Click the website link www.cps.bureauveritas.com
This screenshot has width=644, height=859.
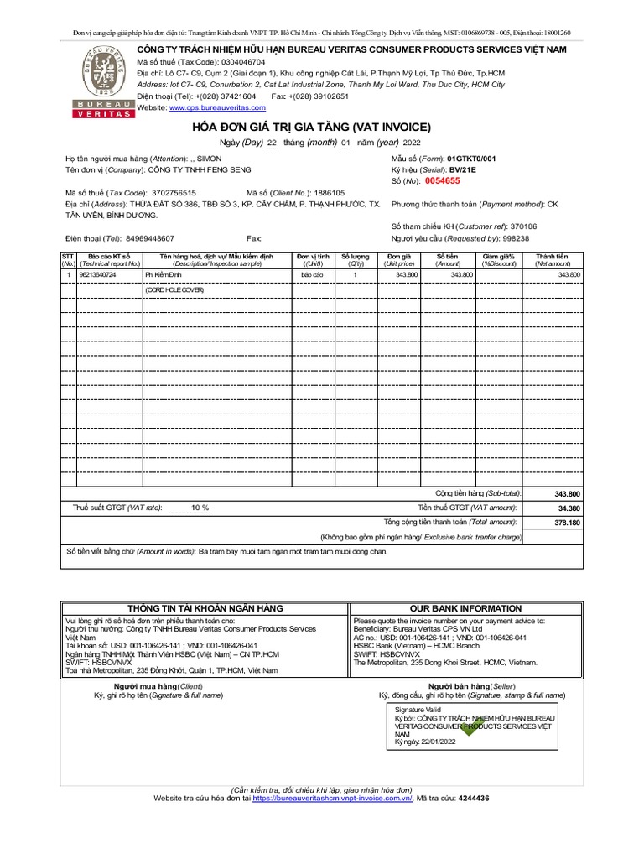205,108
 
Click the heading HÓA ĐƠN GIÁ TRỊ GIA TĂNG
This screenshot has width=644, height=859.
312,127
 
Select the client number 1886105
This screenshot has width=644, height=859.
330,192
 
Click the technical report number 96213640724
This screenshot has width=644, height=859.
97,274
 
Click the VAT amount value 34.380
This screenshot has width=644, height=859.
568,508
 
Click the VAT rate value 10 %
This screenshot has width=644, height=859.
200,508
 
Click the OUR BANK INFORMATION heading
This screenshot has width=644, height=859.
465,608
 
